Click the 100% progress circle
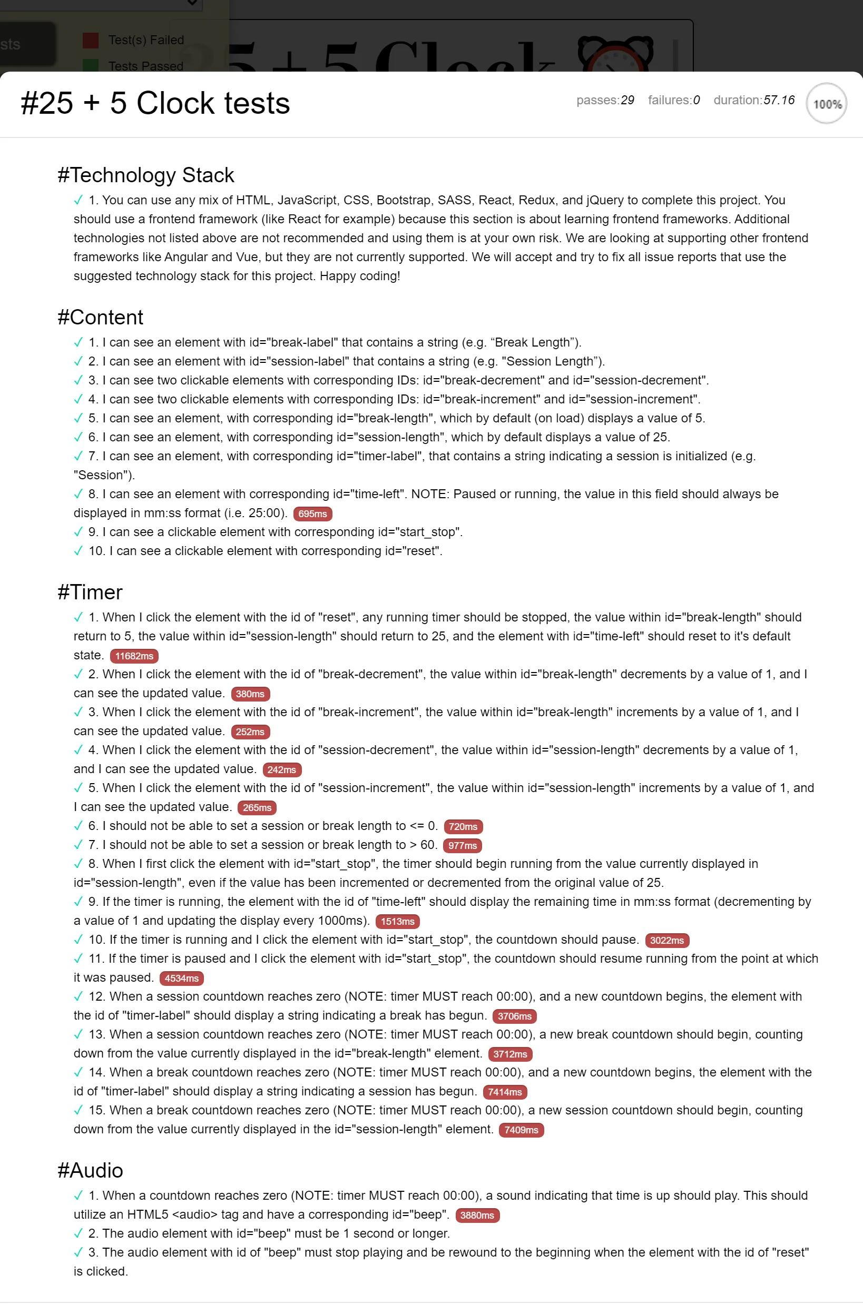(x=826, y=103)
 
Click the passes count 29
(x=627, y=100)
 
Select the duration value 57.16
(x=779, y=100)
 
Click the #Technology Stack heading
(x=146, y=175)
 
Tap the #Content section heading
(x=100, y=318)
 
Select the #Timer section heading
(x=90, y=592)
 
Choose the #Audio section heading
(x=90, y=1170)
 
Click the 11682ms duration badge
(x=134, y=656)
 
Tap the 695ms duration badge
(x=312, y=514)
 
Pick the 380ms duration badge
(x=250, y=694)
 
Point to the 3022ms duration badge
(x=666, y=940)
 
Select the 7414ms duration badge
(x=505, y=1092)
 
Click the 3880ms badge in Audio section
(x=477, y=1216)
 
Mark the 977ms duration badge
(x=463, y=846)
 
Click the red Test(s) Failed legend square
(x=90, y=40)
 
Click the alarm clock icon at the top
(x=615, y=54)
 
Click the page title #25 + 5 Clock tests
(x=155, y=103)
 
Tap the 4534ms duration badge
(x=182, y=979)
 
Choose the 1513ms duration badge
(x=397, y=922)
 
